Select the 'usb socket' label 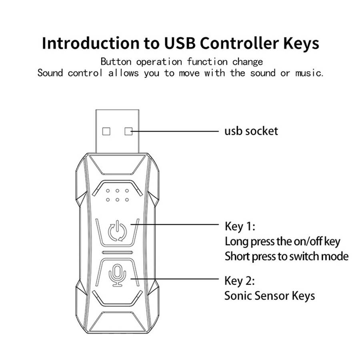point(250,131)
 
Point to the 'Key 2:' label point(240,280)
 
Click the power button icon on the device point(118,230)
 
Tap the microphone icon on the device point(117,275)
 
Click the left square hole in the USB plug point(106,131)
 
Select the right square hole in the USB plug point(128,131)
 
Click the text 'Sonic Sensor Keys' point(269,296)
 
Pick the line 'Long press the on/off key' point(282,241)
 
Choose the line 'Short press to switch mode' point(286,256)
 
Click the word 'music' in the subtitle point(310,73)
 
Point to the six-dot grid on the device point(117,195)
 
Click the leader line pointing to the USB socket point(176,131)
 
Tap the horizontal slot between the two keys point(117,253)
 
